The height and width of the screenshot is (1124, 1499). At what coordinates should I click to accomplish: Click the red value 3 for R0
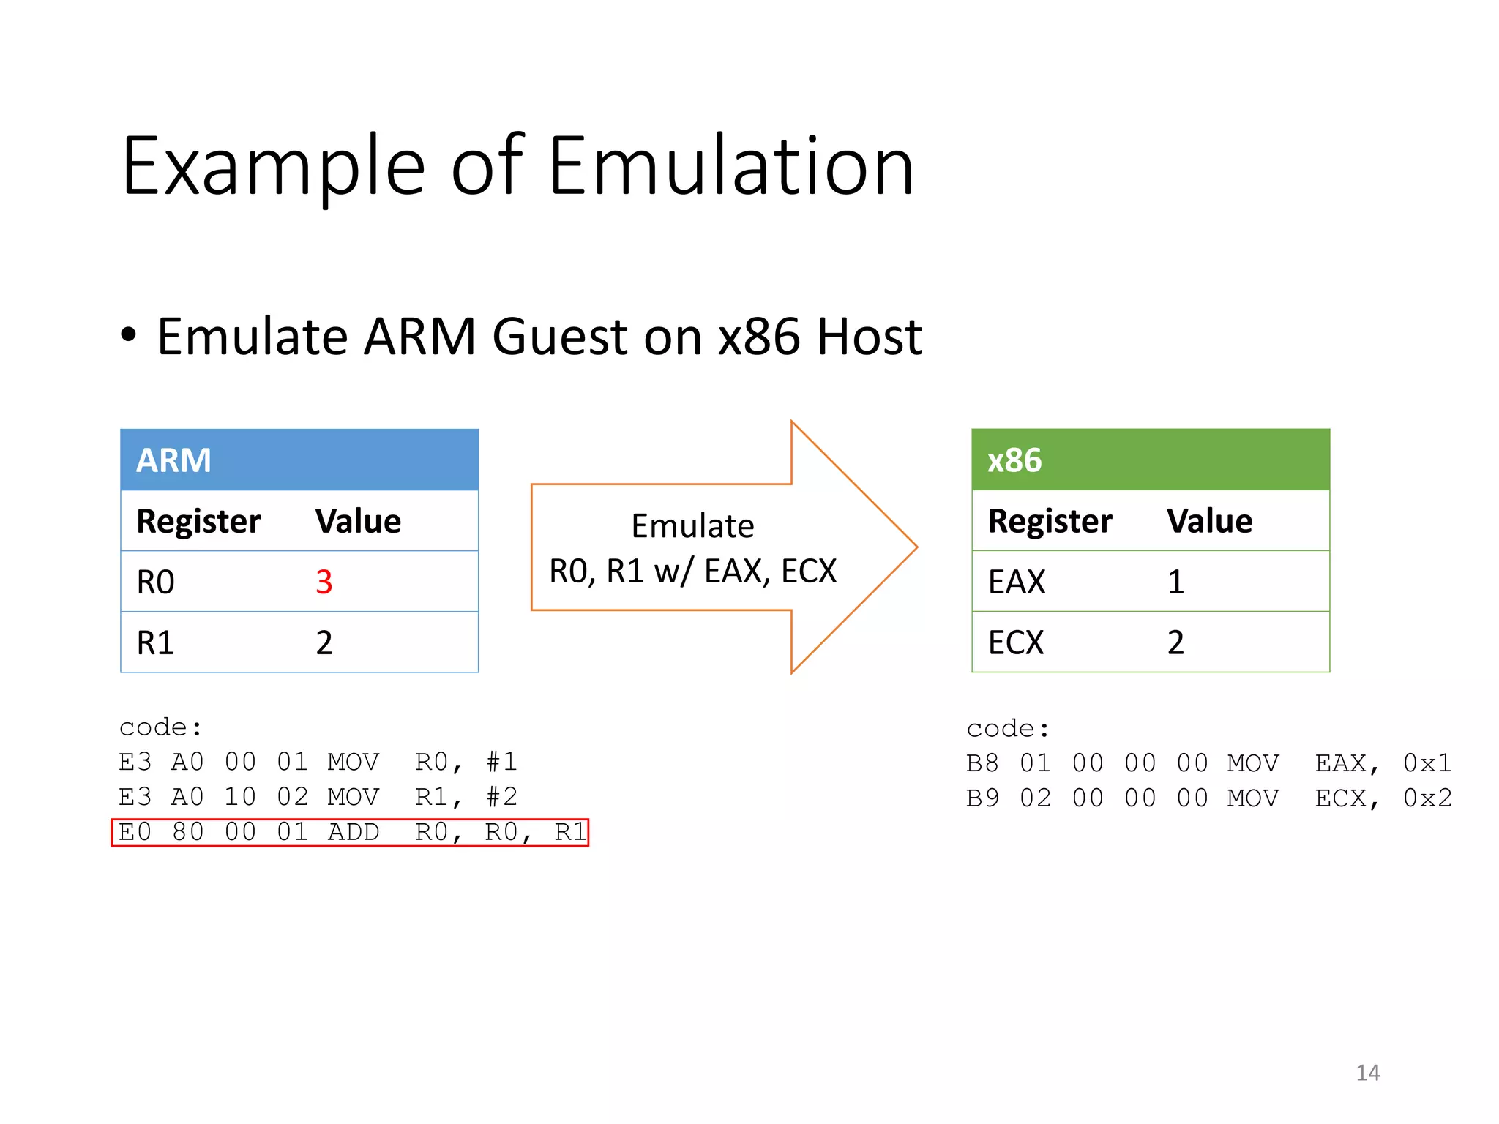pyautogui.click(x=324, y=582)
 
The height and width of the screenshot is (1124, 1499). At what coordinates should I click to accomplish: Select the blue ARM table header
pyautogui.click(x=299, y=460)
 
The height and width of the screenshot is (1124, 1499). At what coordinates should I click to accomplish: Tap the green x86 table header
pyautogui.click(x=1150, y=460)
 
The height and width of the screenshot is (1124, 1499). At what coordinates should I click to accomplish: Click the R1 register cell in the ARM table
pyautogui.click(x=156, y=643)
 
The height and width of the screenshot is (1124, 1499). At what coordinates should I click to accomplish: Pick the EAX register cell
pyautogui.click(x=1017, y=582)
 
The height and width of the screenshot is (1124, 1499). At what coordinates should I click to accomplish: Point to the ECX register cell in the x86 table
pyautogui.click(x=1016, y=643)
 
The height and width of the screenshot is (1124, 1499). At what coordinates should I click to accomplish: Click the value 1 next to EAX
pyautogui.click(x=1175, y=582)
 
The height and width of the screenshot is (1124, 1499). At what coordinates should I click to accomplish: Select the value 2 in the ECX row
pyautogui.click(x=1175, y=643)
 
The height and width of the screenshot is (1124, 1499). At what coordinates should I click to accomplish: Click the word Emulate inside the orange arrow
pyautogui.click(x=692, y=526)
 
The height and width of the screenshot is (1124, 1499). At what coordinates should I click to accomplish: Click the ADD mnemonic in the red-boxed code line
pyautogui.click(x=354, y=833)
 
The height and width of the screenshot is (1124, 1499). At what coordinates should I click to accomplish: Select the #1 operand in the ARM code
pyautogui.click(x=502, y=763)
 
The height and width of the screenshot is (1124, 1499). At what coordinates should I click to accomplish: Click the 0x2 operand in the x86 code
pyautogui.click(x=1427, y=798)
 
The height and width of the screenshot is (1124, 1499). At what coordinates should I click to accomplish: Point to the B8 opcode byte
pyautogui.click(x=982, y=764)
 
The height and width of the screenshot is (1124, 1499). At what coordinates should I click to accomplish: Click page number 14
pyautogui.click(x=1367, y=1073)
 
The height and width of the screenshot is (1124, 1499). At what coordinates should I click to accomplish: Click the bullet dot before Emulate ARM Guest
pyautogui.click(x=129, y=335)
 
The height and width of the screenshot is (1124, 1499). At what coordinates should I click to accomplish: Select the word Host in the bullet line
pyautogui.click(x=869, y=337)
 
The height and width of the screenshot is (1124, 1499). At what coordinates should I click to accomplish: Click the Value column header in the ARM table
pyautogui.click(x=358, y=522)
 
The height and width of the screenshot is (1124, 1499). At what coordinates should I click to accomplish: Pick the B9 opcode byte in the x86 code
pyautogui.click(x=982, y=798)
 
